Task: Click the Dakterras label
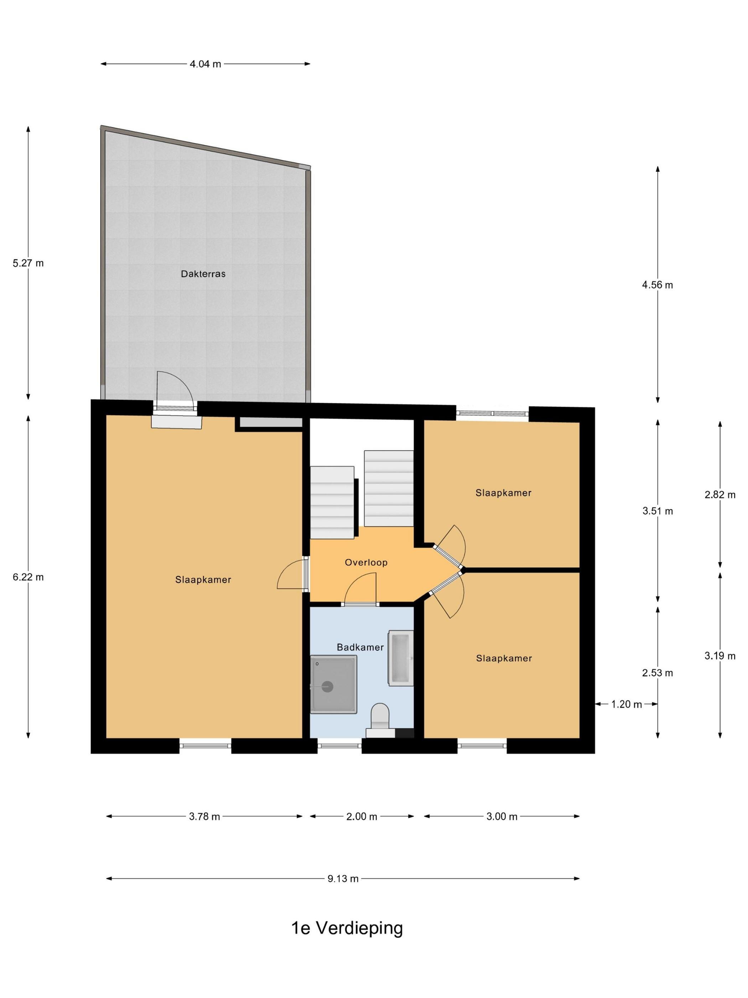click(x=203, y=273)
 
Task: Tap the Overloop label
click(x=366, y=562)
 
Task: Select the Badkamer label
click(x=360, y=647)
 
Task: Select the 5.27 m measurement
click(x=28, y=263)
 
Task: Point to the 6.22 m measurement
click(x=28, y=577)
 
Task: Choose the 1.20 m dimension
click(x=626, y=704)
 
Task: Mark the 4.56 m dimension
click(x=658, y=285)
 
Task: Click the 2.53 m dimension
click(x=658, y=673)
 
